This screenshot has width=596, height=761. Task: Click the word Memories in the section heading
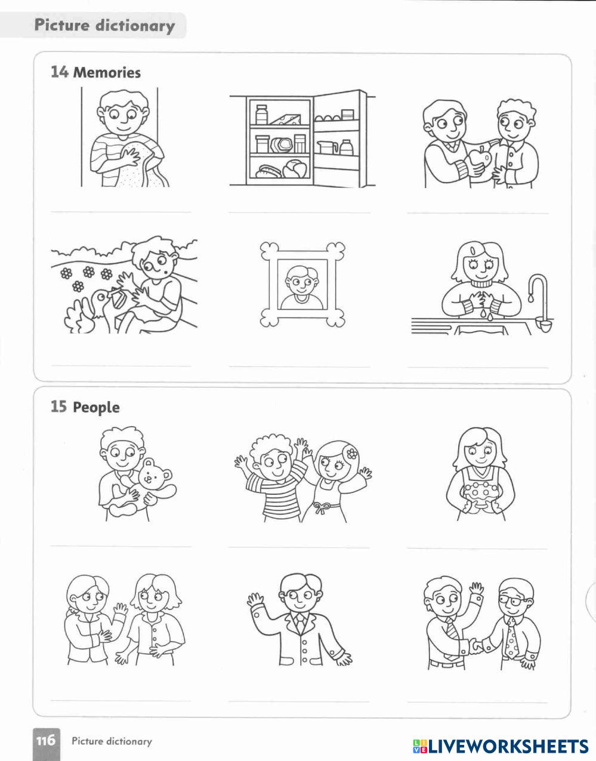(107, 72)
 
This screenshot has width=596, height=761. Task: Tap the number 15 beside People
(58, 406)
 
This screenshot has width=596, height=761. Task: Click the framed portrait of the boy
(302, 284)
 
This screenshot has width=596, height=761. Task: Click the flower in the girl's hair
(352, 454)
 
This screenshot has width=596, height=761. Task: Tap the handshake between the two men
(477, 646)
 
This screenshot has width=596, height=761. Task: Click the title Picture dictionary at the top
(104, 26)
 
